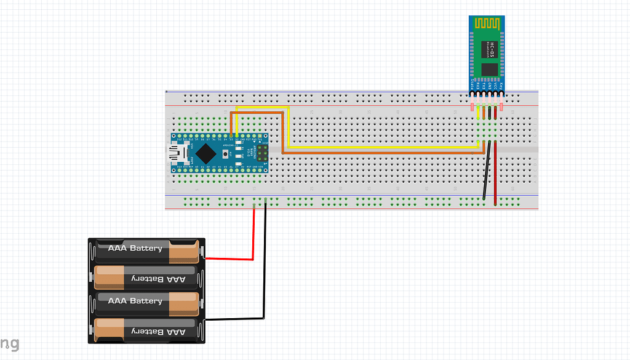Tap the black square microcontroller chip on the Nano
pyautogui.click(x=208, y=152)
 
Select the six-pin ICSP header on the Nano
pyautogui.click(x=262, y=152)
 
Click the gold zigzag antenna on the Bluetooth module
pyautogui.click(x=488, y=23)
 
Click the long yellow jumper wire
pyautogui.click(x=381, y=148)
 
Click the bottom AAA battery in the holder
pyautogui.click(x=146, y=330)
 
